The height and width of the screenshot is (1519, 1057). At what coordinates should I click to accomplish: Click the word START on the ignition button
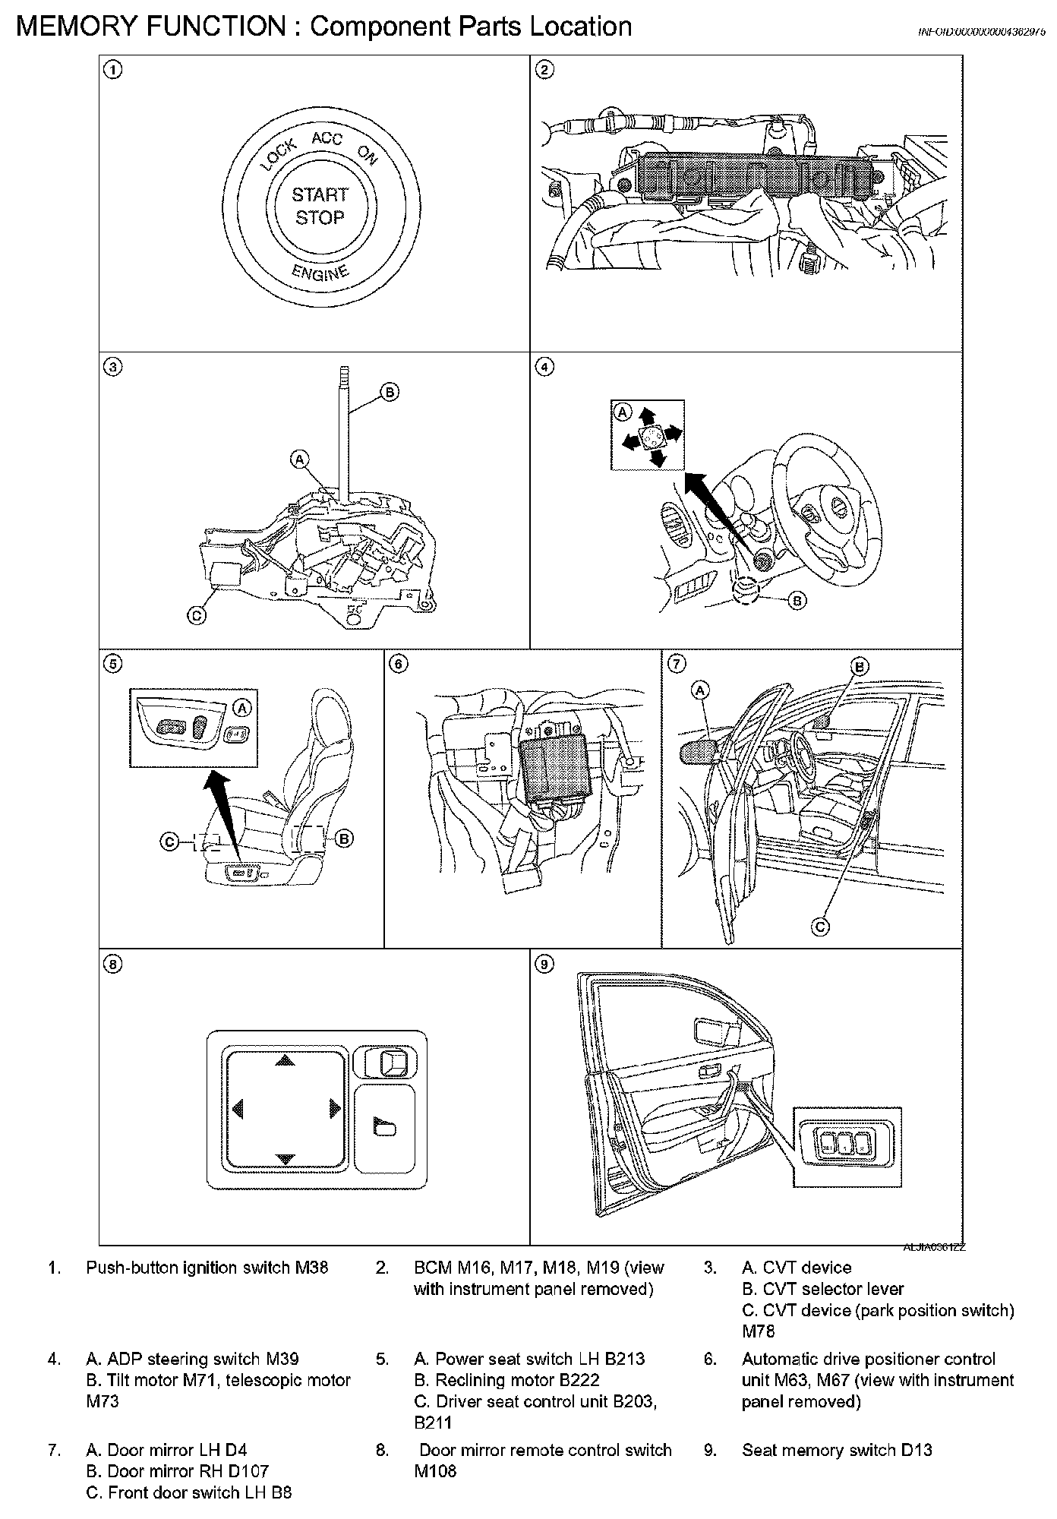tap(320, 195)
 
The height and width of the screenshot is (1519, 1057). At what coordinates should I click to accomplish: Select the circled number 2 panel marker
tap(544, 71)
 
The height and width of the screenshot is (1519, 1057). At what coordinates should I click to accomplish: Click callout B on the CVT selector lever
tap(388, 392)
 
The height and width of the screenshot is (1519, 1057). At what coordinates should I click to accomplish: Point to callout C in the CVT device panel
tap(196, 615)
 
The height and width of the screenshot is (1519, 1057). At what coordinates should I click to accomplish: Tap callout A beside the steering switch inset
tap(623, 412)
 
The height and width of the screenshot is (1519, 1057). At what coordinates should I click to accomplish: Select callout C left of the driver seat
tap(170, 841)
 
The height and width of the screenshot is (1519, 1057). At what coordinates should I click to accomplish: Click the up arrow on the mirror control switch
tap(284, 1060)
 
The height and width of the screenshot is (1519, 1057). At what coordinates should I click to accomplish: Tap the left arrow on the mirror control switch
tap(237, 1110)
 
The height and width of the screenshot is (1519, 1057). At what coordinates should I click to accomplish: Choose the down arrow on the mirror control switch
tap(284, 1159)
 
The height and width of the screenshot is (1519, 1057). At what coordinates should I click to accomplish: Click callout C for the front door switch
tap(820, 927)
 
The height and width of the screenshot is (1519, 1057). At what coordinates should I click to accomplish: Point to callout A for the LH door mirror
tap(701, 690)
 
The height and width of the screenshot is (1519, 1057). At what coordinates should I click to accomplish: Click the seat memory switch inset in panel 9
tap(847, 1146)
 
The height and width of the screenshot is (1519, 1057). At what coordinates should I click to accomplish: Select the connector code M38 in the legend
tap(311, 1268)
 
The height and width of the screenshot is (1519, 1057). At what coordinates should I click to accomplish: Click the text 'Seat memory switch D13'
tap(837, 1450)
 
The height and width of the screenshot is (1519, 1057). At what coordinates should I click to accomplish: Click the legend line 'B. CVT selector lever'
tap(822, 1289)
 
